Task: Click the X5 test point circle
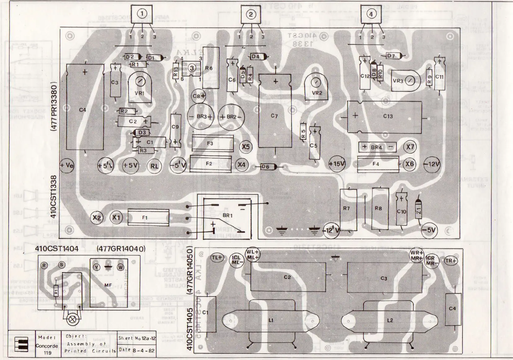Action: pos(246,147)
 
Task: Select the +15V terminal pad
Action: pos(337,164)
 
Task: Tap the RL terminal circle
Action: pos(154,166)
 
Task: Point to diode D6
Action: pos(266,167)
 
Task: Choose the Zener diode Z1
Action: pos(419,210)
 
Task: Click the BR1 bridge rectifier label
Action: pos(228,215)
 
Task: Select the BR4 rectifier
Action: pos(377,147)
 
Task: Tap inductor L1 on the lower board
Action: pos(271,320)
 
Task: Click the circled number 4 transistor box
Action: pos(371,14)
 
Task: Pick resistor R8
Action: pos(378,208)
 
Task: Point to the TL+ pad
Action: pos(217,258)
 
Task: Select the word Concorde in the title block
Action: pos(47,346)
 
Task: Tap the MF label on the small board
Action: pos(108,285)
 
